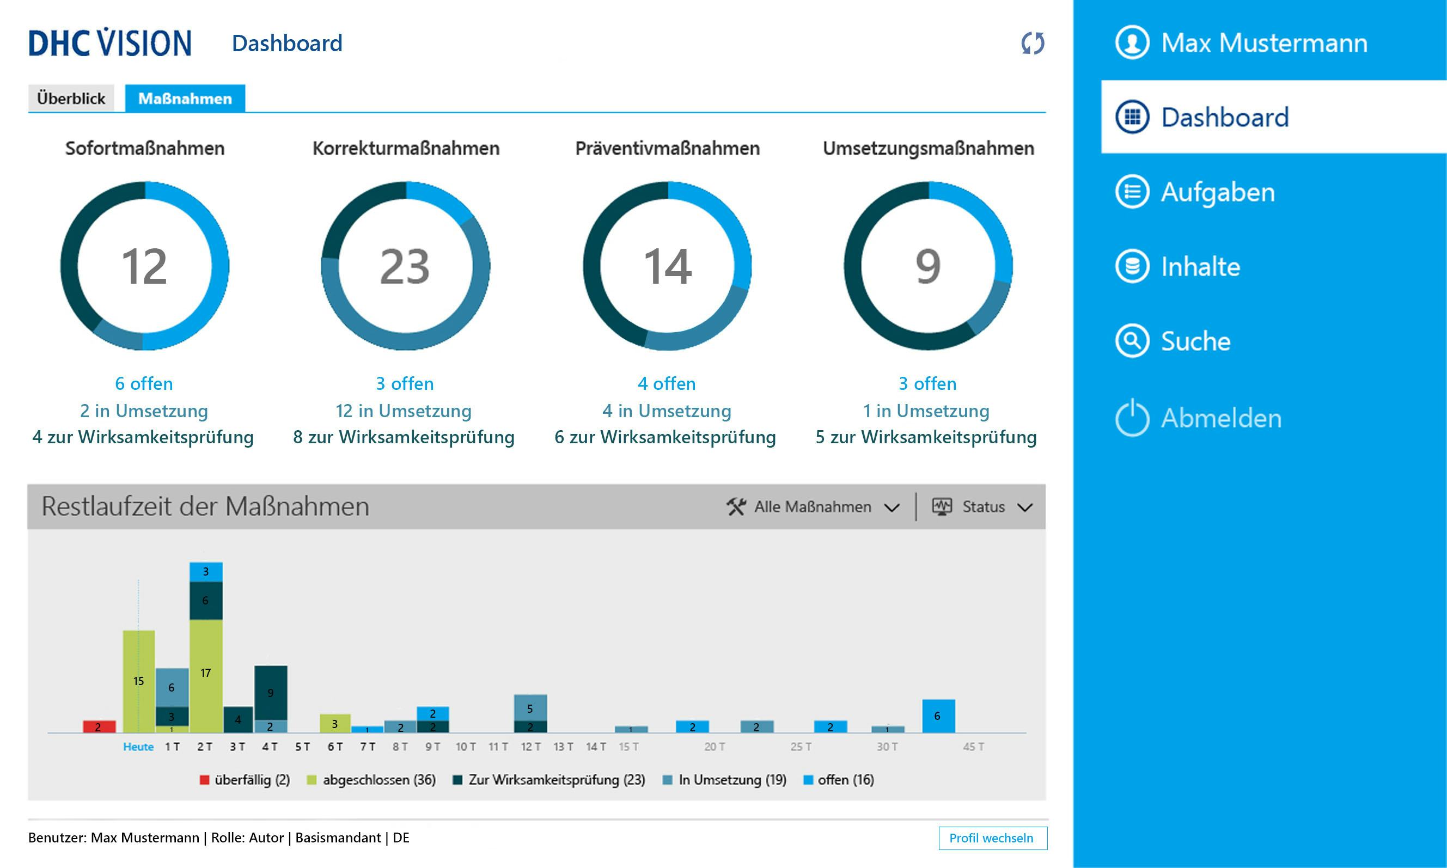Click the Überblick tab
(71, 98)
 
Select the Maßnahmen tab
(185, 98)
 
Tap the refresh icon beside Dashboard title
(1033, 43)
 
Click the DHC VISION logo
(110, 42)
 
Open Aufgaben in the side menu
(1217, 192)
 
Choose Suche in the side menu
(1195, 341)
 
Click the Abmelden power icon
(1132, 418)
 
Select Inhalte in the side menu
(1200, 267)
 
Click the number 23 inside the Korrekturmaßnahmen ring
(405, 267)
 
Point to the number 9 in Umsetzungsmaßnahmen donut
(927, 267)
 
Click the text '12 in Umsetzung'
(404, 411)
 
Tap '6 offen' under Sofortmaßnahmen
(144, 384)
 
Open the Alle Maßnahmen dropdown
(813, 506)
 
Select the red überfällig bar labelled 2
(99, 726)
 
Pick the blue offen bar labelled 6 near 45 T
(938, 716)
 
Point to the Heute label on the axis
(138, 747)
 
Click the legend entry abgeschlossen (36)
(371, 780)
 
